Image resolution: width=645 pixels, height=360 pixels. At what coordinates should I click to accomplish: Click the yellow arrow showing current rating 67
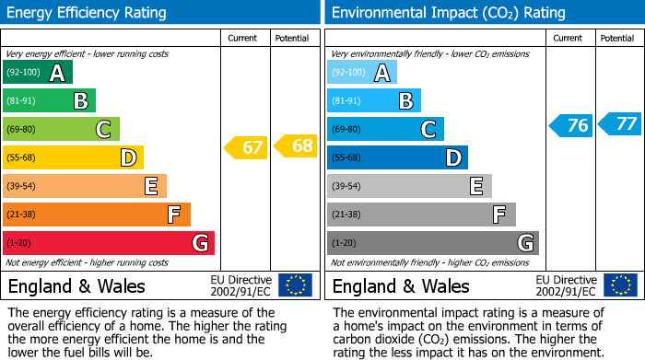point(246,147)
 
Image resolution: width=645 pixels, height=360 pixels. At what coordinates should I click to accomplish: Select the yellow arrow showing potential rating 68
point(295,145)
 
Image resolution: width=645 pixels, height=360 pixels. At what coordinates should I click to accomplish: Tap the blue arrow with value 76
point(570,125)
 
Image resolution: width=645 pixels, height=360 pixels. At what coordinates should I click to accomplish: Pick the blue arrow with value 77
point(620,123)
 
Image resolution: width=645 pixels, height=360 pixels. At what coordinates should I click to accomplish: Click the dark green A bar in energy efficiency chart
point(38,73)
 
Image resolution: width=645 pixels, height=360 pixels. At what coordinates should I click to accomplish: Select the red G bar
point(109,243)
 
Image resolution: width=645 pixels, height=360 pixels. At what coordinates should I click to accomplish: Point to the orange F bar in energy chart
point(97,215)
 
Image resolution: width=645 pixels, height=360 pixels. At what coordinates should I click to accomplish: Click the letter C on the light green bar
point(104,130)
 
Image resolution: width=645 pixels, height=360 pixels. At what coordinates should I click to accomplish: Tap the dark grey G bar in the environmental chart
point(432,243)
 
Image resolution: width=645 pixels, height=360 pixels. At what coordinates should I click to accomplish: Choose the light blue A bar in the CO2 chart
point(362,73)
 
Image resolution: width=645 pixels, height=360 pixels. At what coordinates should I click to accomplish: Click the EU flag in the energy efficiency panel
point(296,285)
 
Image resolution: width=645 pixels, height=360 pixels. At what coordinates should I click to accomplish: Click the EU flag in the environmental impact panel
point(620,285)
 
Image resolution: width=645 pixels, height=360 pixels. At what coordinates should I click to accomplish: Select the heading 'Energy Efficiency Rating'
point(87,13)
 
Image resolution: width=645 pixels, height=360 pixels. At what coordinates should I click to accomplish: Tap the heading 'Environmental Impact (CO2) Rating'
point(448,13)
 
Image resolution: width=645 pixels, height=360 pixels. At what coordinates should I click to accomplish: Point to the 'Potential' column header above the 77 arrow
point(617,38)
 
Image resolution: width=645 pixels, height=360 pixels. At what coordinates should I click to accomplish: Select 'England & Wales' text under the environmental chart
point(401,286)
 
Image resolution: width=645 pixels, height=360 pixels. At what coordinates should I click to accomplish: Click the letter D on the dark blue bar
point(452,158)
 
